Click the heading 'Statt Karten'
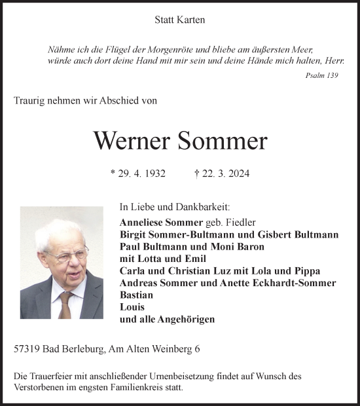point(180,20)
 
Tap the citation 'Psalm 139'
point(322,75)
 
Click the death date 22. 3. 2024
point(226,174)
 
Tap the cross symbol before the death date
point(197,174)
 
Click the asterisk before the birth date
point(113,174)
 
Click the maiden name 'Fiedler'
point(239,223)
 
